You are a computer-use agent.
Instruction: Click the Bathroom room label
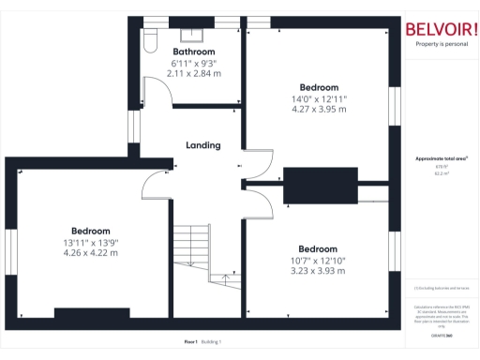[194, 52]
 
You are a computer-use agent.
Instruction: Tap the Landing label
[203, 145]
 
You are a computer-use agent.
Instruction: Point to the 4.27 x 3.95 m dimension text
[318, 110]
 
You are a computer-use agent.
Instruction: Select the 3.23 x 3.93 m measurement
[318, 271]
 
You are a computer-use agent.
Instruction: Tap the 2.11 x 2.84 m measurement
[194, 73]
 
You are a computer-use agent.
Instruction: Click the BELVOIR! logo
[441, 28]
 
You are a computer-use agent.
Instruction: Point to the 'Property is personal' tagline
[441, 44]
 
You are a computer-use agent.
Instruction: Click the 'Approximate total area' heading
[441, 158]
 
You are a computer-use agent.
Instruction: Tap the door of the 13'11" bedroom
[155, 187]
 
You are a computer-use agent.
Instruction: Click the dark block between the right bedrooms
[321, 185]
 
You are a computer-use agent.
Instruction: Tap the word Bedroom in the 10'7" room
[318, 248]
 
